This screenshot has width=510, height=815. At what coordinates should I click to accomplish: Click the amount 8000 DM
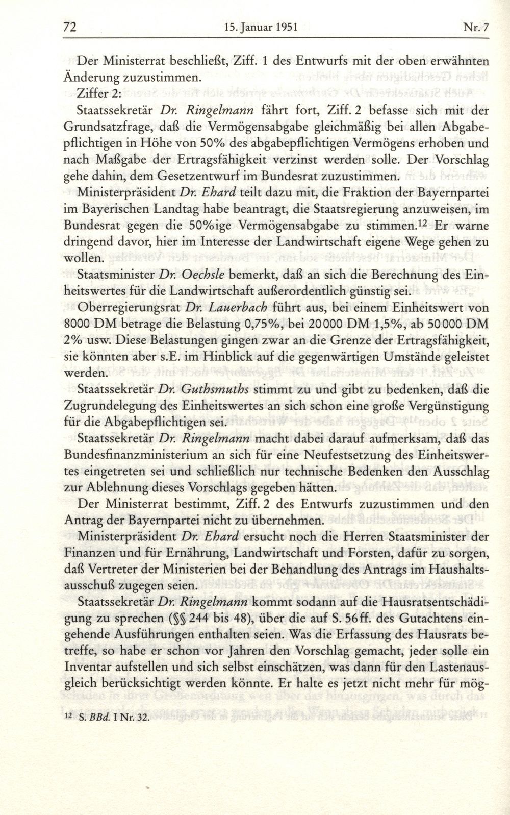[98, 325]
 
